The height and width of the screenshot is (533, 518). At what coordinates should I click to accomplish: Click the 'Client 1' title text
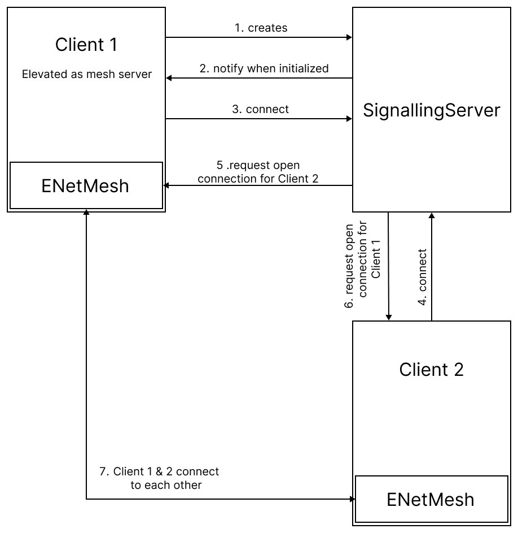(86, 45)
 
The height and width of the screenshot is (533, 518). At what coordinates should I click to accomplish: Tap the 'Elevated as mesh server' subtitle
(86, 74)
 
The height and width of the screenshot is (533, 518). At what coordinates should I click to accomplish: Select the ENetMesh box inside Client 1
(85, 185)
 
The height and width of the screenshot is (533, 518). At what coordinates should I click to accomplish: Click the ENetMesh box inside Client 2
(431, 499)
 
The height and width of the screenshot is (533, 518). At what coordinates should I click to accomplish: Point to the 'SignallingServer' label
(432, 110)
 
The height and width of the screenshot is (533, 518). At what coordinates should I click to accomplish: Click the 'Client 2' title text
(431, 370)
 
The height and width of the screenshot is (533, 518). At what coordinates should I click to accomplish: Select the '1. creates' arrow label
(261, 28)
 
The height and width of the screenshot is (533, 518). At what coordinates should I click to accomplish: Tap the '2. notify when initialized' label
(264, 68)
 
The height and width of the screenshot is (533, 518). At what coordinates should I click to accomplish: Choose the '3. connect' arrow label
(260, 109)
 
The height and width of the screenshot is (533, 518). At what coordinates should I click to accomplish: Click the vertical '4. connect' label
(422, 278)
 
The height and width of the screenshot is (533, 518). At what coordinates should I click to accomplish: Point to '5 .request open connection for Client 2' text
(258, 172)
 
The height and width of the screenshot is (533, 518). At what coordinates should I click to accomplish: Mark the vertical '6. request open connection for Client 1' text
(363, 265)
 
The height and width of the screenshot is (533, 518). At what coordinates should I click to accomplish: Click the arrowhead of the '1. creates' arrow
(349, 37)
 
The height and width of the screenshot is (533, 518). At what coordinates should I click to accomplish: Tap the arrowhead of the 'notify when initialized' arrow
(169, 78)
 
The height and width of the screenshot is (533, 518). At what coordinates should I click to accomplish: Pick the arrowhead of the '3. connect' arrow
(349, 119)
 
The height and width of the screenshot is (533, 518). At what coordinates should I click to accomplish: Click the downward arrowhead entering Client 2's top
(388, 317)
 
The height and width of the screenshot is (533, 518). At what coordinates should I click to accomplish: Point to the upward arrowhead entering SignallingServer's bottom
(432, 215)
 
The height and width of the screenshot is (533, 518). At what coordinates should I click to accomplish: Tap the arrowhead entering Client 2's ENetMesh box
(352, 499)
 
